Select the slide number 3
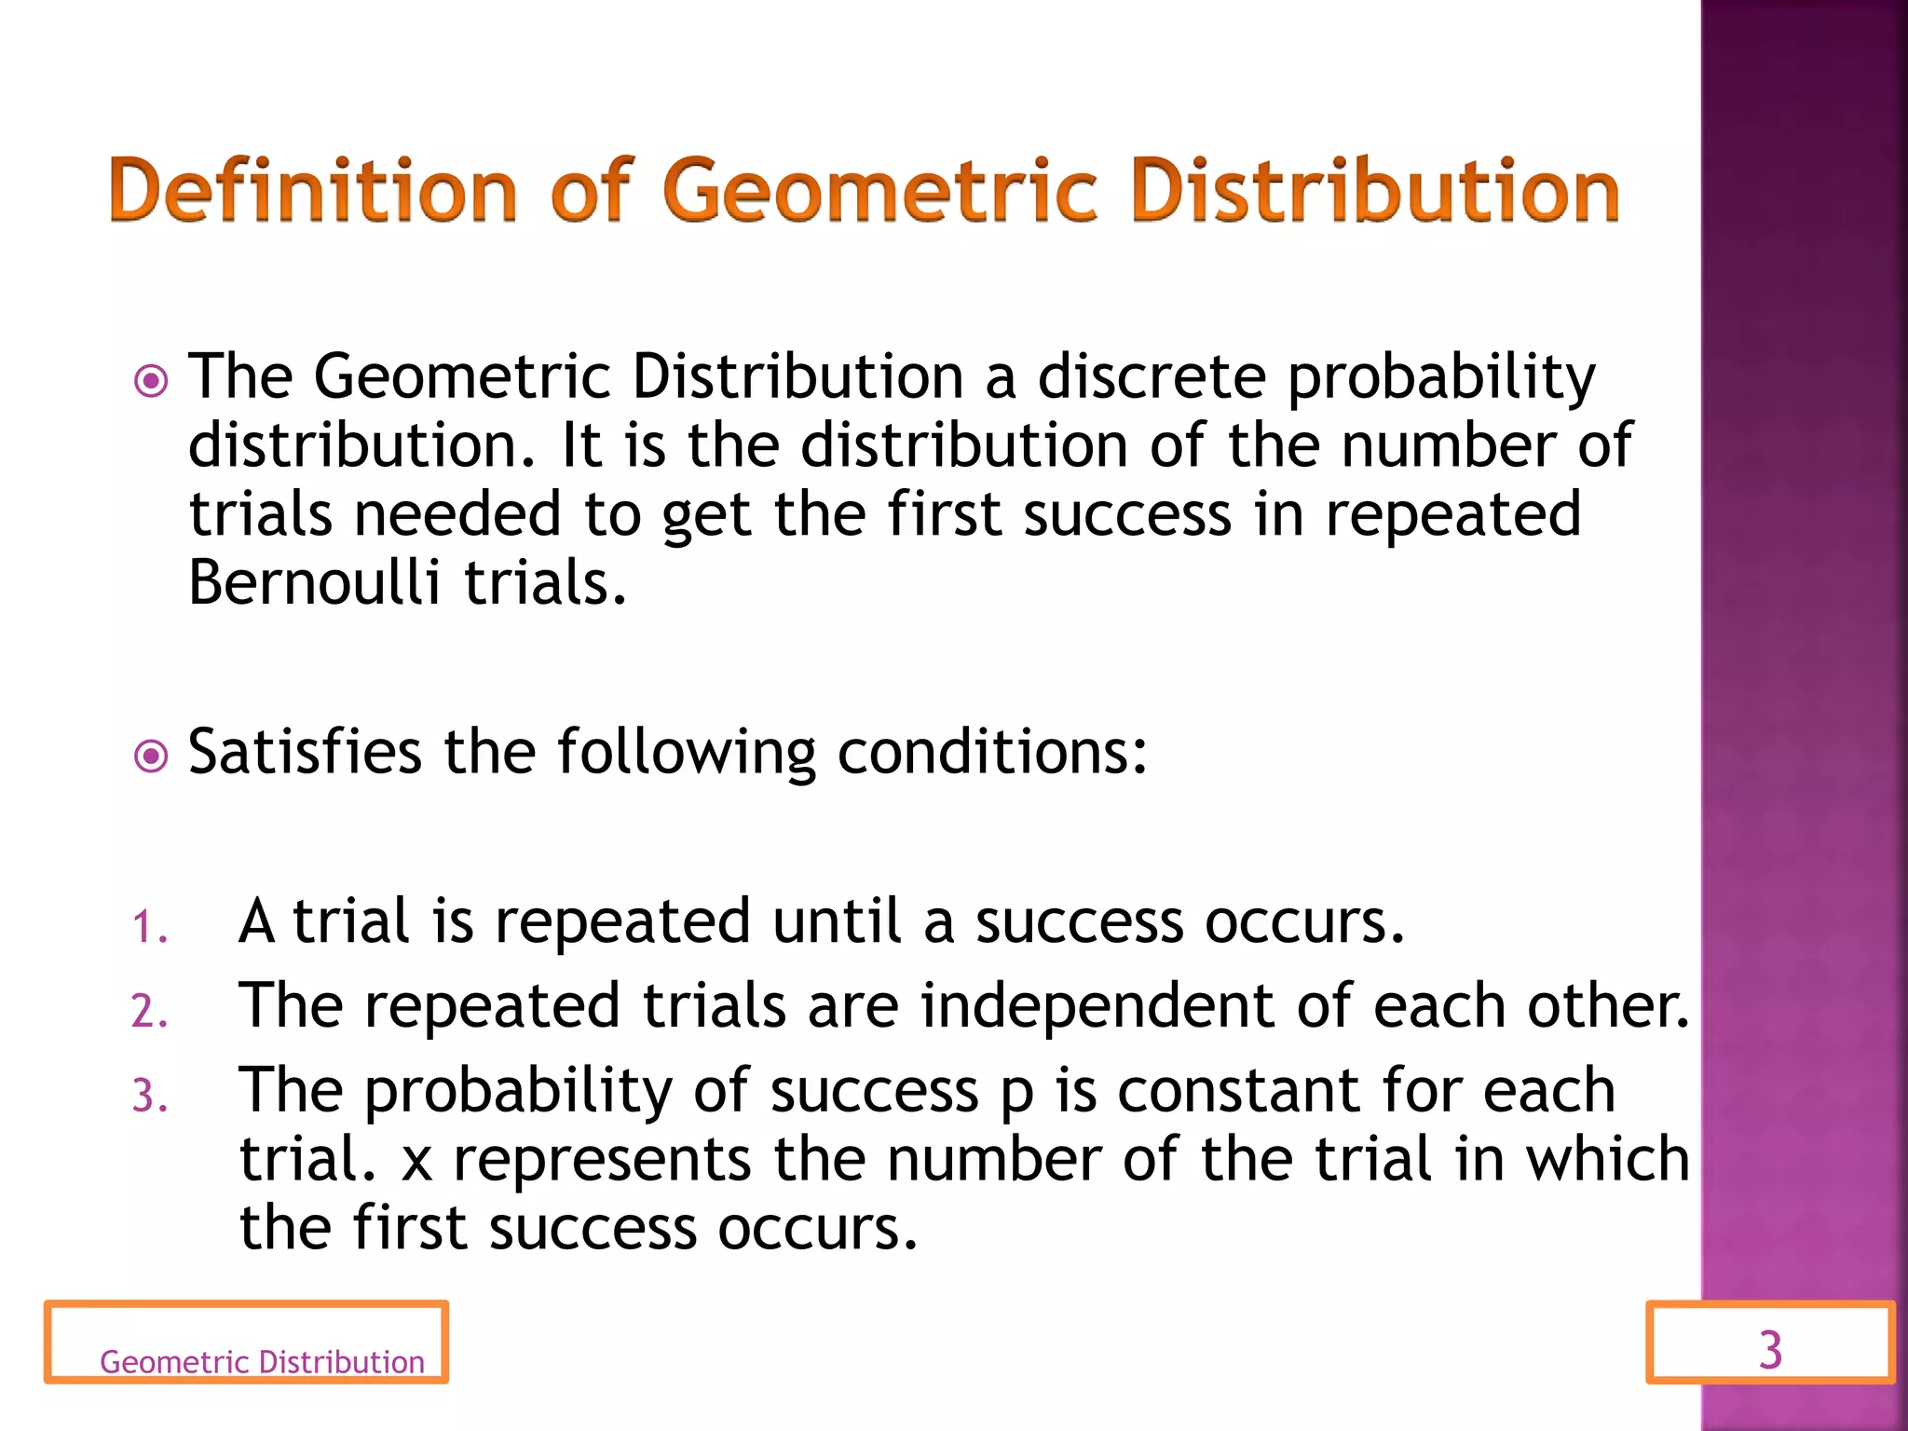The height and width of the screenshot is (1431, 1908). (1770, 1349)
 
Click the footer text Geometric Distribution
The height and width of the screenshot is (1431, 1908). (262, 1362)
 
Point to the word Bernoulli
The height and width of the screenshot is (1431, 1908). (313, 582)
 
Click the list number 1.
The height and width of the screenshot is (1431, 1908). (149, 928)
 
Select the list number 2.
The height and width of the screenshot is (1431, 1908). (149, 1012)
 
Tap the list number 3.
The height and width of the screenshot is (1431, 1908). (149, 1096)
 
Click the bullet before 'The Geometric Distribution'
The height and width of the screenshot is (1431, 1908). (151, 381)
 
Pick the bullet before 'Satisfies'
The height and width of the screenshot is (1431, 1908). (151, 756)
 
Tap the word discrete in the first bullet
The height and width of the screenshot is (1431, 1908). (1152, 376)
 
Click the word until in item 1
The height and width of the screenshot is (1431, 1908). (837, 921)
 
